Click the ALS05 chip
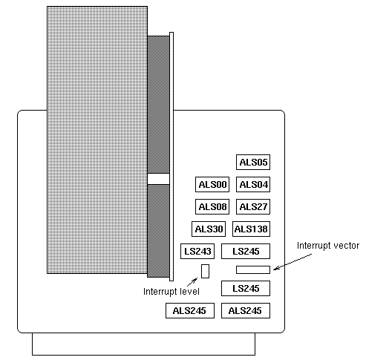pyautogui.click(x=253, y=163)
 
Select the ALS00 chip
pyautogui.click(x=212, y=184)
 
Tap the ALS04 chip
pyautogui.click(x=253, y=184)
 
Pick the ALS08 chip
pyautogui.click(x=212, y=206)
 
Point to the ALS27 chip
pyautogui.click(x=253, y=206)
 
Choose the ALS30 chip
pyautogui.click(x=209, y=229)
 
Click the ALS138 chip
pyautogui.click(x=251, y=229)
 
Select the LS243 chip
pyautogui.click(x=197, y=251)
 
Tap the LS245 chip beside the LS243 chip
pyautogui.click(x=246, y=251)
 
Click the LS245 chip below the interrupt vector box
pyautogui.click(x=246, y=288)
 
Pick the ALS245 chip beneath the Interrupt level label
pyautogui.click(x=190, y=310)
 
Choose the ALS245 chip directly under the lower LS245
pyautogui.click(x=246, y=310)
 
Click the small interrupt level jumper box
pyautogui.click(x=205, y=271)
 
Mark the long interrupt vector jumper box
pyautogui.click(x=253, y=269)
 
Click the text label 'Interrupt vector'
pyautogui.click(x=328, y=246)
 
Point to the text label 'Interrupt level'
pyautogui.click(x=171, y=291)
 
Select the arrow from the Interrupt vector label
pyautogui.click(x=293, y=262)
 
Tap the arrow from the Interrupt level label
pyautogui.click(x=192, y=282)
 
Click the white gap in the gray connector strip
pyautogui.click(x=158, y=179)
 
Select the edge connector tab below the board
pyautogui.click(x=143, y=344)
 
